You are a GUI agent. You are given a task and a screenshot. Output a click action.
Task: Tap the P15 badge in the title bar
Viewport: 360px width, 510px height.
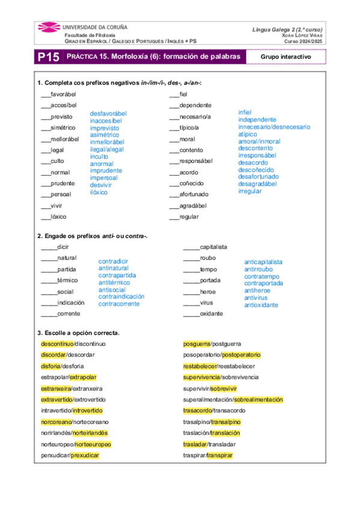point(48,57)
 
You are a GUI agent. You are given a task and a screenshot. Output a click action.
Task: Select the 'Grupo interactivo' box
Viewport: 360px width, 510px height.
point(285,57)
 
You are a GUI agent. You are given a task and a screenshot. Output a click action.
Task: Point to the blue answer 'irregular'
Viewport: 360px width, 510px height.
point(250,191)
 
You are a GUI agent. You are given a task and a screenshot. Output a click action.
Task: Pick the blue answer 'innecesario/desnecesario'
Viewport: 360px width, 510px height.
point(274,127)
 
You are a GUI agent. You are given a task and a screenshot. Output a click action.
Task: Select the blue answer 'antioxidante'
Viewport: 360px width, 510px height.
point(261,305)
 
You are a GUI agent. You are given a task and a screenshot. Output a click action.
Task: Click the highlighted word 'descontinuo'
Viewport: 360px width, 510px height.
point(56,343)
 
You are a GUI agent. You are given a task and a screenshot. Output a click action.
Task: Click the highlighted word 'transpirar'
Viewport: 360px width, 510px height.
point(219,456)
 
